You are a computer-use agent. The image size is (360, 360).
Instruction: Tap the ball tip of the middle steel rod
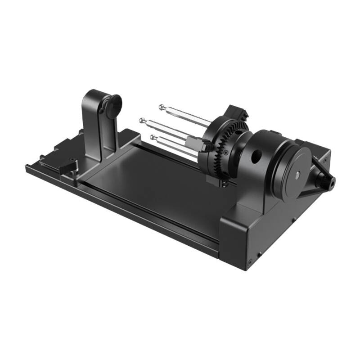click(x=143, y=120)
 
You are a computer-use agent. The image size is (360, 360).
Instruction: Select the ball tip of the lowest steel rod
click(x=153, y=137)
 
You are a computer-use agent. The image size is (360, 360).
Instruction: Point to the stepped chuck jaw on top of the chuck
click(x=236, y=112)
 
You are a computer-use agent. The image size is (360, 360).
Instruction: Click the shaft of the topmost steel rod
click(x=189, y=116)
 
